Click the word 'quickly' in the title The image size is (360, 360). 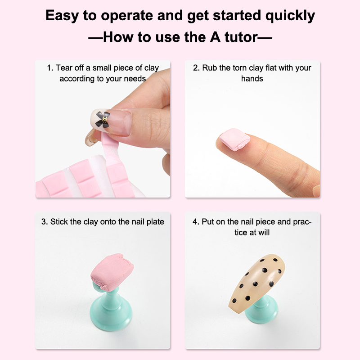pos(290,16)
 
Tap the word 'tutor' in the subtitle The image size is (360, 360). pos(241,37)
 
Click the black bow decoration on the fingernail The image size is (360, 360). pos(103,119)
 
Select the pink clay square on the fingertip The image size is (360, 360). pos(234,139)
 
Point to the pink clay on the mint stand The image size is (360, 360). pos(112,272)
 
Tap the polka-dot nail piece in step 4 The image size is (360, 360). pos(256,283)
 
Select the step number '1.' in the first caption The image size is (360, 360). pos(50,68)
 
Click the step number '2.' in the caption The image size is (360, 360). pos(197,68)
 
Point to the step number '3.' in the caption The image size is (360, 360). pos(45,222)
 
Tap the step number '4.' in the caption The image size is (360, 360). pos(196,222)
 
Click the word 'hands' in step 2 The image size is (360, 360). pos(252,79)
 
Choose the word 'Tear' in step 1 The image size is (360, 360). pos(63,68)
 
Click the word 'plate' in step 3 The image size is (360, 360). pos(155,222)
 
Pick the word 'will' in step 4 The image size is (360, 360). pos(264,232)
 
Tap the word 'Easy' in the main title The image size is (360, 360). pos(62,16)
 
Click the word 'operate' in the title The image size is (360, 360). pos(127,16)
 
